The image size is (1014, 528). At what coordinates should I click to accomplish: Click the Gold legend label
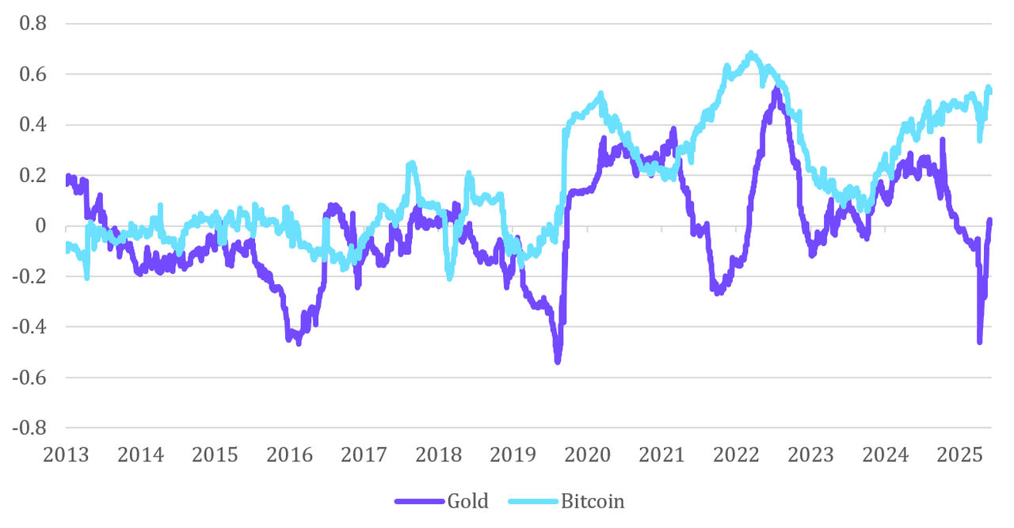point(467,501)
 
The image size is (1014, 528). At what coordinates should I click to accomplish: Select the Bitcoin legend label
point(593,501)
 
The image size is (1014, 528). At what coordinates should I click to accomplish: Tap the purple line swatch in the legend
point(419,501)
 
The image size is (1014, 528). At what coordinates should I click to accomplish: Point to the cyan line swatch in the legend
point(533,501)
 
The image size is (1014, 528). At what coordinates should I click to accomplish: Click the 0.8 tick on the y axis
point(34,24)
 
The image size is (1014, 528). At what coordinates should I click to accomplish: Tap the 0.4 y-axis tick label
point(34,125)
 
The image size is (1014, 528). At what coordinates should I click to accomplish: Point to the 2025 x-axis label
point(959,455)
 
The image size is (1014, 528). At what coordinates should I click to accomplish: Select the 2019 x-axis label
point(513,455)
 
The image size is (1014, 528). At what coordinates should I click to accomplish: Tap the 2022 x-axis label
point(736,455)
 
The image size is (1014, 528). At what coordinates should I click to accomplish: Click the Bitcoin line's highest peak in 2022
point(751,54)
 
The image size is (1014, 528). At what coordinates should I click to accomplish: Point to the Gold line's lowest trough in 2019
point(558,361)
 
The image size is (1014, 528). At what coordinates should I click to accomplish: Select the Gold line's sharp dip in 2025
point(980,341)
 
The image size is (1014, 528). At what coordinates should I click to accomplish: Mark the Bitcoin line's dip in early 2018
point(449,277)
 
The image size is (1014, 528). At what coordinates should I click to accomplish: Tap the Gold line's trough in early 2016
point(299,343)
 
